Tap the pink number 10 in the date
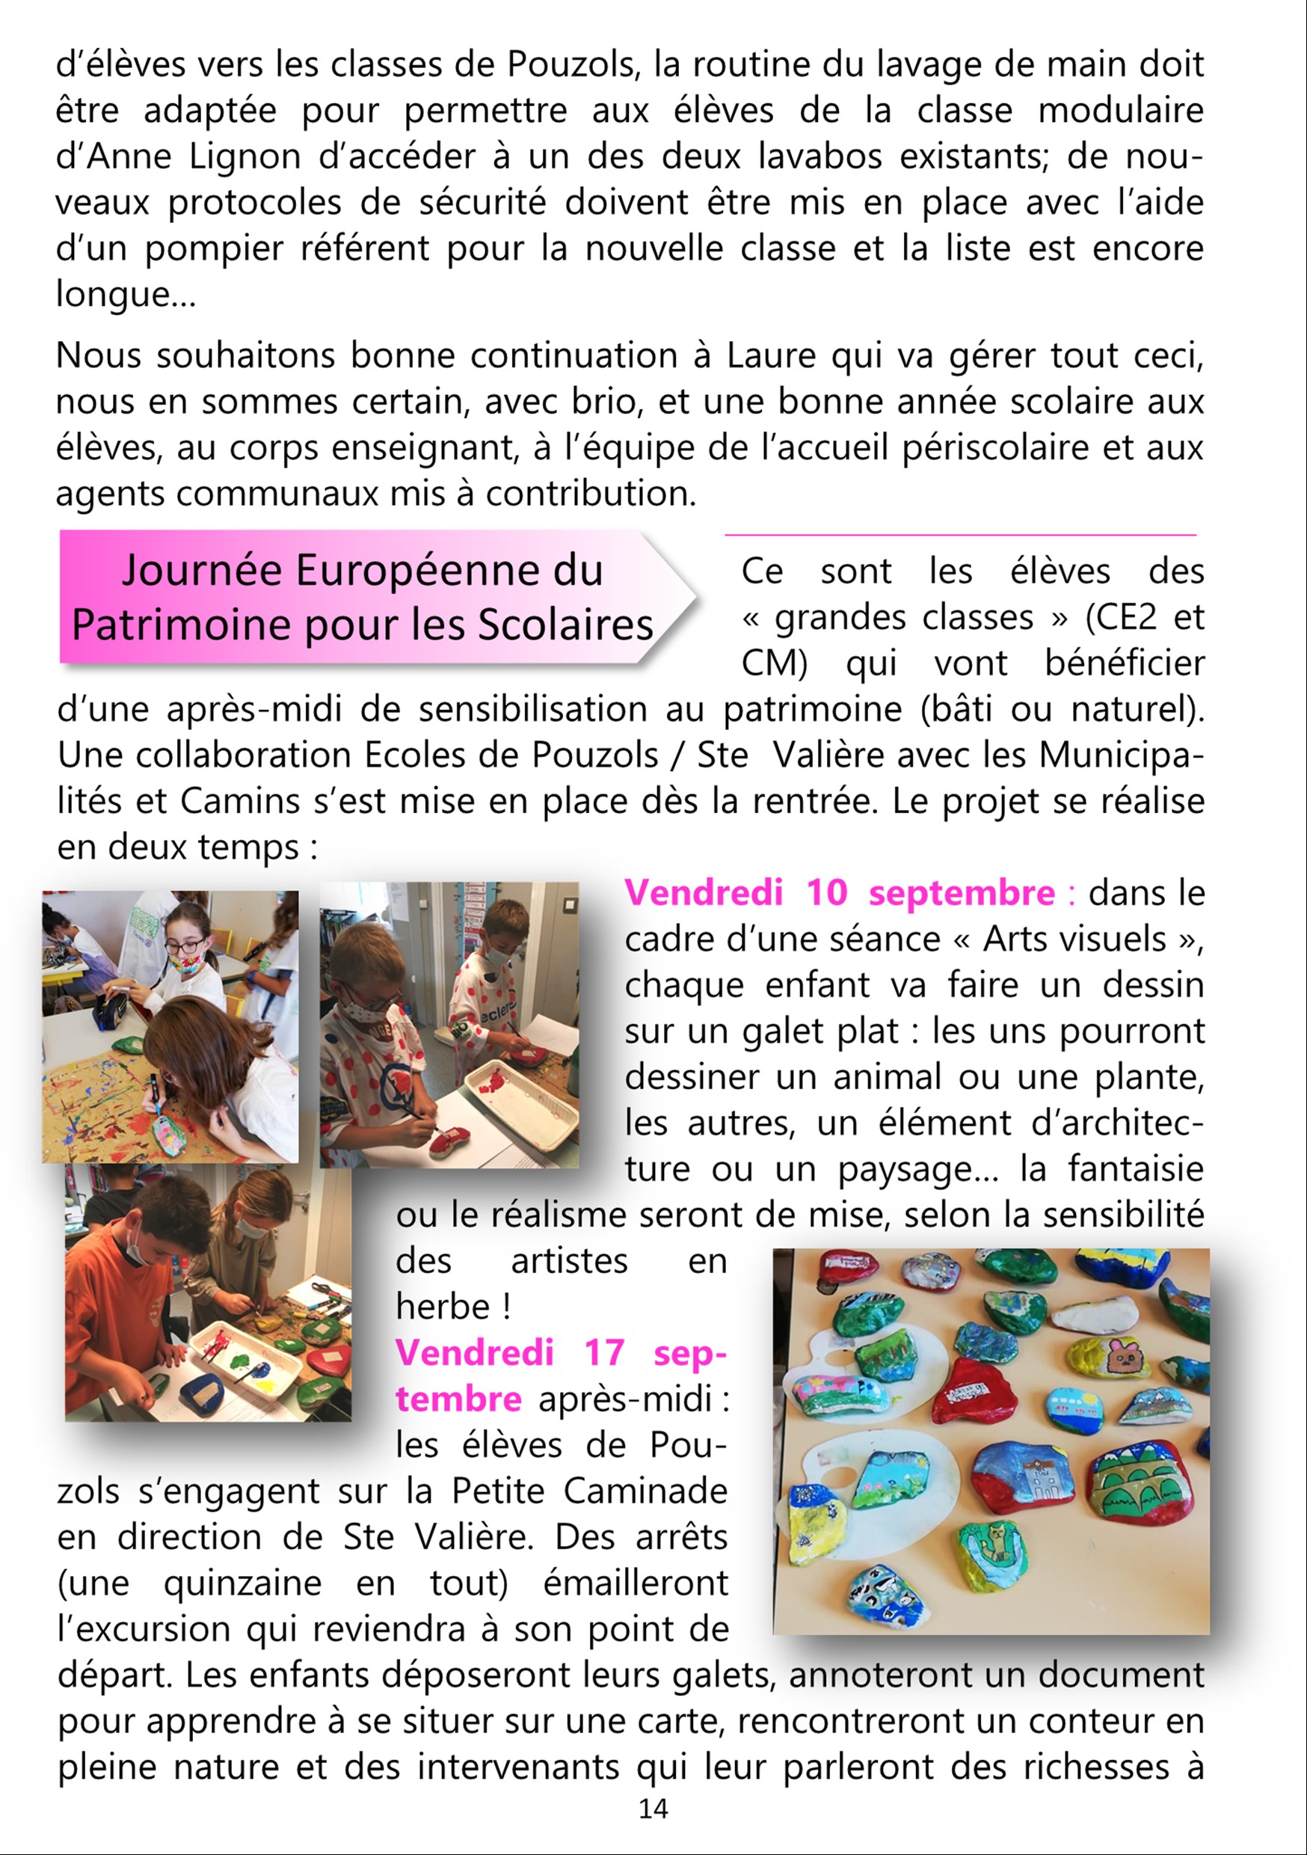(x=826, y=893)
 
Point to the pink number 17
(x=604, y=1352)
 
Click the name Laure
(x=771, y=355)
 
